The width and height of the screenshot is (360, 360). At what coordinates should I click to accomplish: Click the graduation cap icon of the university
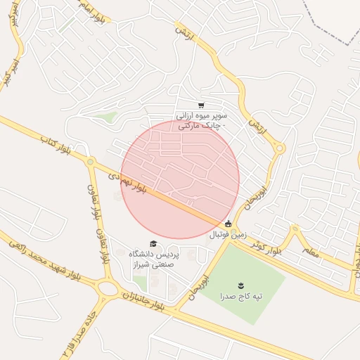point(154,243)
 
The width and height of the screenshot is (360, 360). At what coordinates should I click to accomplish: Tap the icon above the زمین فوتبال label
point(226,224)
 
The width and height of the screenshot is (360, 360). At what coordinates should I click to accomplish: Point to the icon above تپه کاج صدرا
point(240,284)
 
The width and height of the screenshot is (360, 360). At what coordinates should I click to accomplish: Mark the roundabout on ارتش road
point(279,148)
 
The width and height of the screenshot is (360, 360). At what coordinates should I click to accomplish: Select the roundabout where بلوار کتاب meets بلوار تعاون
point(90,162)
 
